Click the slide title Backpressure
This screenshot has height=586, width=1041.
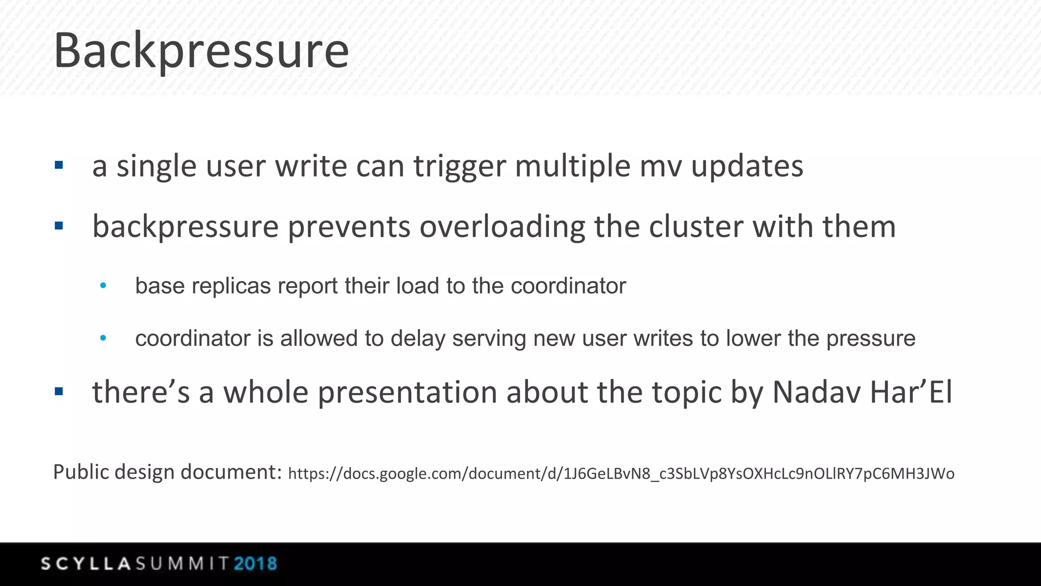201,51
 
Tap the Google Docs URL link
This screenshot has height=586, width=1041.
621,474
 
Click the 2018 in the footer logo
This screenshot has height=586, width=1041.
255,564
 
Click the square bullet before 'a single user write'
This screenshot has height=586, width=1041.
59,165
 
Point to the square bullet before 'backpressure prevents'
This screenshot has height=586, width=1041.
59,225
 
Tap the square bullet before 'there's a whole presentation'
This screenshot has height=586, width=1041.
59,391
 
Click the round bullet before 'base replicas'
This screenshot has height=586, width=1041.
103,286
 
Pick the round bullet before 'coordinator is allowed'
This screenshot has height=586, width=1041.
103,338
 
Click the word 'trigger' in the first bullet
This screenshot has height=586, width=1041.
460,167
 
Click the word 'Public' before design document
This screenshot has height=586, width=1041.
81,472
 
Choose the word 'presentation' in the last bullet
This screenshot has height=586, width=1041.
407,393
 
